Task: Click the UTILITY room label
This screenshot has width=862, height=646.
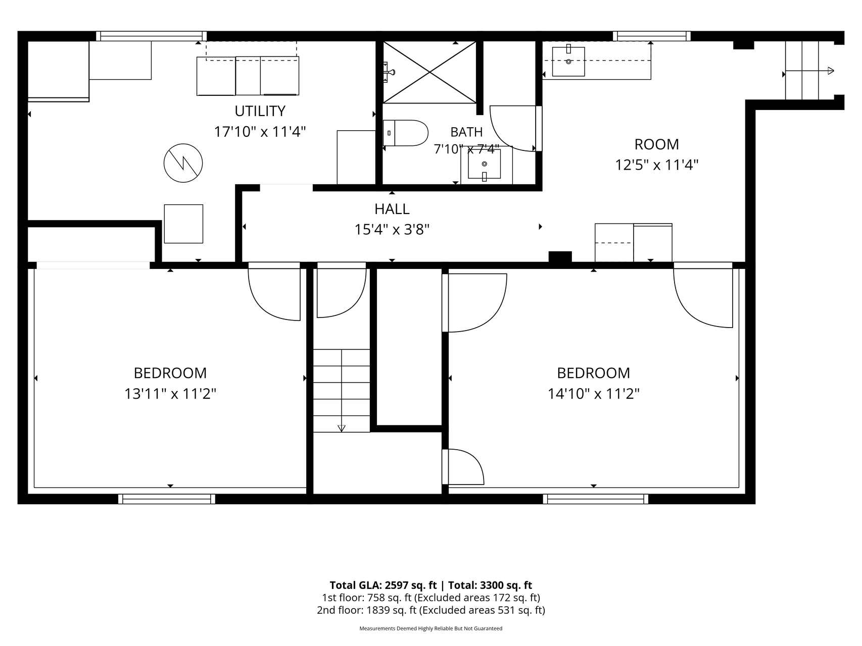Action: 260,111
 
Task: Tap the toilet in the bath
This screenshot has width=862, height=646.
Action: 405,133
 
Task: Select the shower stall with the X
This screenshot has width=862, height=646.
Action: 429,72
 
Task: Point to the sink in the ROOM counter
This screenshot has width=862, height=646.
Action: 568,61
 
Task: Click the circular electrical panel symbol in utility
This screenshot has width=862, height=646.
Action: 183,163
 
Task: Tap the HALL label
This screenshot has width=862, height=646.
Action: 392,209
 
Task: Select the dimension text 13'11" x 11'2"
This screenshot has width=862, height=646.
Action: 170,394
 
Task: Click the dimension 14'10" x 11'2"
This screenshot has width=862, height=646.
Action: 594,394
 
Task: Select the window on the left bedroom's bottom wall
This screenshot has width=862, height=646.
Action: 167,499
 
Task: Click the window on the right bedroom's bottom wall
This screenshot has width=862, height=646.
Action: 596,499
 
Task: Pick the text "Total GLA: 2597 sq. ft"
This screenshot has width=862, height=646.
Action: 383,585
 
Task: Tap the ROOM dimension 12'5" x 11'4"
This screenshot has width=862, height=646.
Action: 656,165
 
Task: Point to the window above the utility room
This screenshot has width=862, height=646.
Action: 151,36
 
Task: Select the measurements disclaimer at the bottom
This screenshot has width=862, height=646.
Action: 431,629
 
